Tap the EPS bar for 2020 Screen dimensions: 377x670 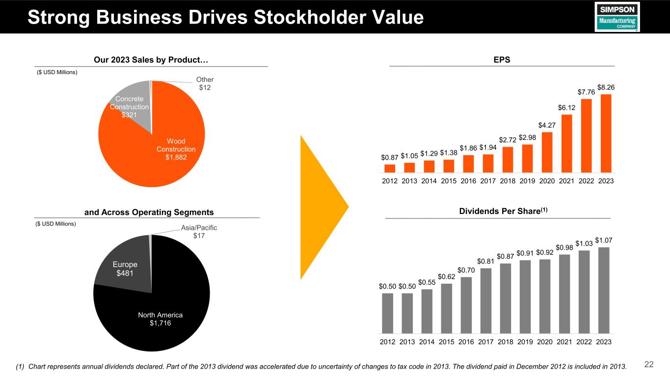point(547,153)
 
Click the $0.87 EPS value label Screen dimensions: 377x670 point(390,157)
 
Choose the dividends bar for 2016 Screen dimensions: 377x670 point(466,305)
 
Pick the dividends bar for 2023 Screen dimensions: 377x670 point(604,290)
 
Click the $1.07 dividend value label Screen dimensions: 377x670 point(604,240)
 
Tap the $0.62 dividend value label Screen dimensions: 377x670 point(447,277)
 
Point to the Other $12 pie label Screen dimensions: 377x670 point(205,83)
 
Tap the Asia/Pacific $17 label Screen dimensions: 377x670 point(199,232)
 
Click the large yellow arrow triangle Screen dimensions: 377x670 point(319,206)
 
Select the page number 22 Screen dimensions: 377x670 point(649,364)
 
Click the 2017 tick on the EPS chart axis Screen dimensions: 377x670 point(488,181)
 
